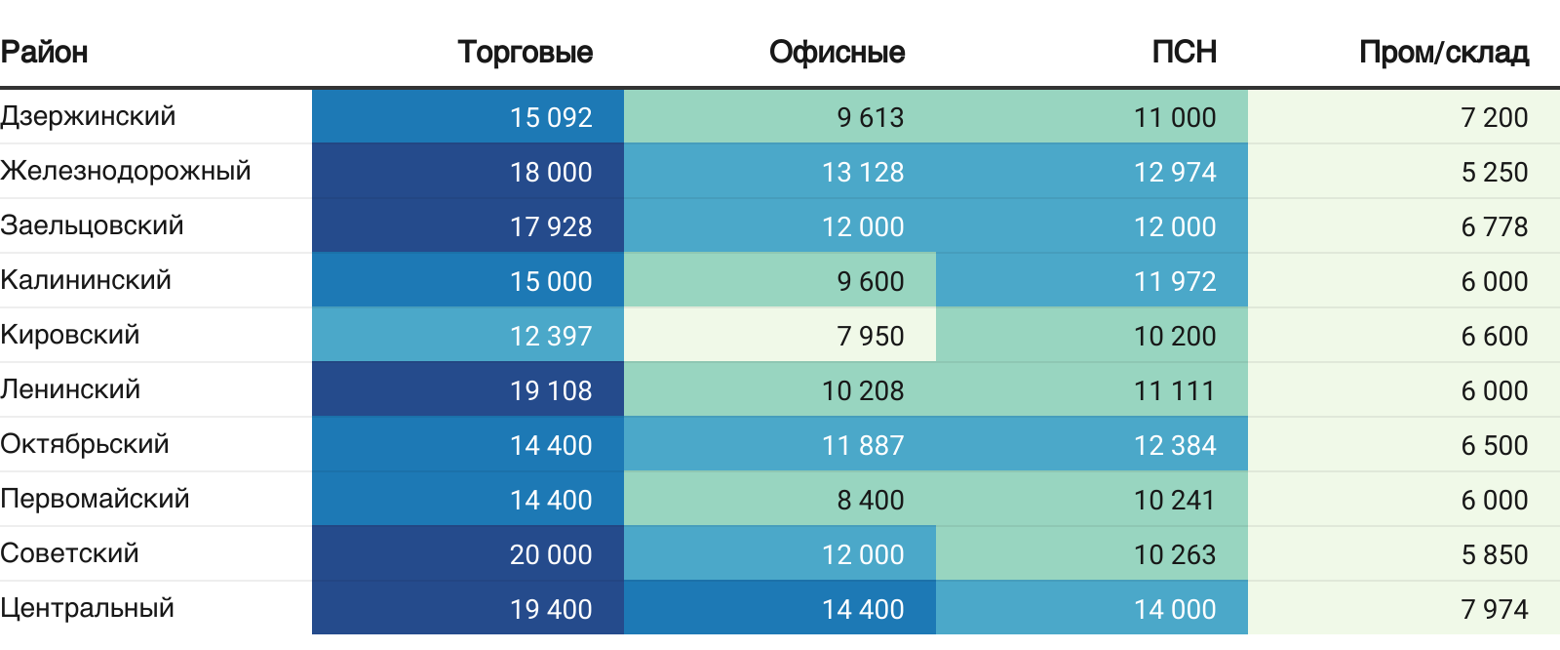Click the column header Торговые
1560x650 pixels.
point(526,53)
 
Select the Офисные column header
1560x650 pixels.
point(838,53)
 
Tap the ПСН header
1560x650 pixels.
point(1184,53)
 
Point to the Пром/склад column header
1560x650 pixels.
point(1444,53)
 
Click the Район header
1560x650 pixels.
point(44,53)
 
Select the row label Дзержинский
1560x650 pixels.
point(88,116)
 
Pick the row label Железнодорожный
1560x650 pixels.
point(126,171)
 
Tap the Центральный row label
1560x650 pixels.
point(87,608)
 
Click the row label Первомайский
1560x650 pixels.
point(95,500)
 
